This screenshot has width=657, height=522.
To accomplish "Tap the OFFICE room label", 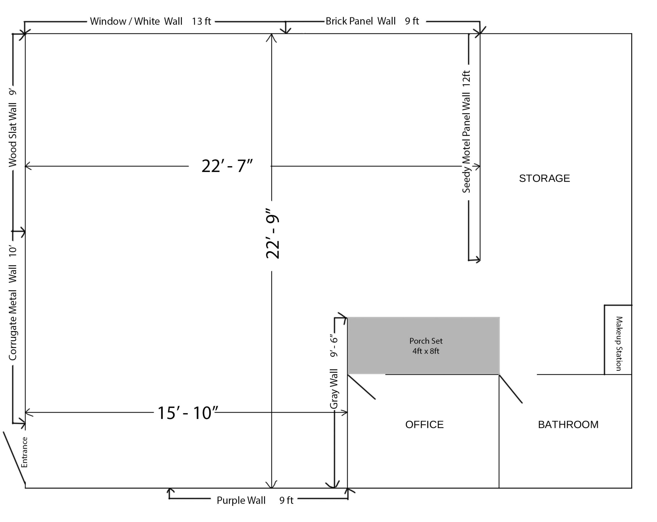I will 424,425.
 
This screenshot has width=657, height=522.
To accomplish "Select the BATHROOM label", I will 568,425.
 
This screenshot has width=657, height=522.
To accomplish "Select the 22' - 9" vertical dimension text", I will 272,234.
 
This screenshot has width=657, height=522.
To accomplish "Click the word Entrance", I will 24,452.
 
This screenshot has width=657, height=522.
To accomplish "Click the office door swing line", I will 361,387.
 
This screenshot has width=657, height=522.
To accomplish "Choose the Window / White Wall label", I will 150,21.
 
